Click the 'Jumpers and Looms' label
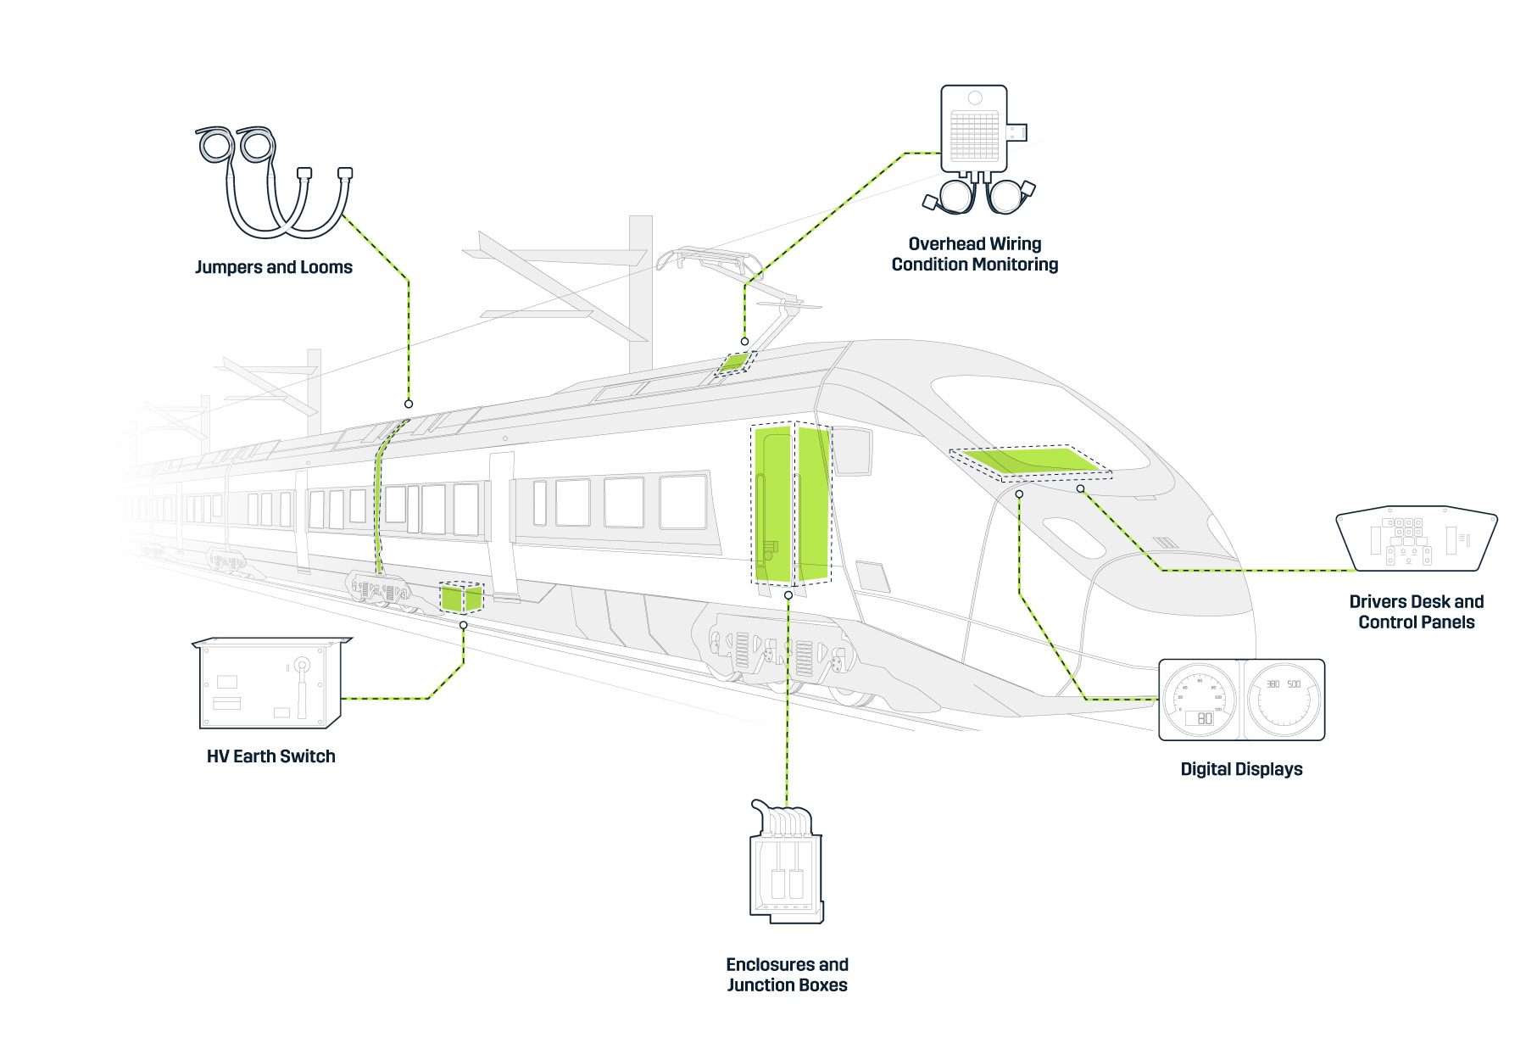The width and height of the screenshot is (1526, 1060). click(x=274, y=267)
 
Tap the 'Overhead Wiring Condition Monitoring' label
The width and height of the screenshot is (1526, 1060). click(x=974, y=254)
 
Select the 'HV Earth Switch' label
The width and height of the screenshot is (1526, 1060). click(x=271, y=756)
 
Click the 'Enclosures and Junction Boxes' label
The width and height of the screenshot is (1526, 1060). click(x=787, y=974)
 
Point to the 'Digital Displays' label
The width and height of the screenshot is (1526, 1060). click(x=1241, y=769)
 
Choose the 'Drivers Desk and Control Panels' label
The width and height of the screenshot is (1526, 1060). click(x=1416, y=611)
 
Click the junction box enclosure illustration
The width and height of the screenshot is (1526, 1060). click(x=786, y=865)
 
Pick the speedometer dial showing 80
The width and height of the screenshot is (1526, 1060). click(x=1200, y=700)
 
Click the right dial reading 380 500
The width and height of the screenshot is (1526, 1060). click(x=1284, y=700)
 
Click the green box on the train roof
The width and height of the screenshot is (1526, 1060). click(x=734, y=362)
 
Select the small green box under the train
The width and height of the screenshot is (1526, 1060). click(x=461, y=597)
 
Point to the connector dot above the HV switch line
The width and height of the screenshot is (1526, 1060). click(x=463, y=625)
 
